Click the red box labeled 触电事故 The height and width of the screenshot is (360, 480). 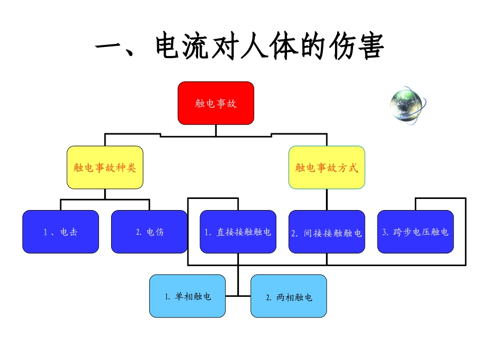tap(216, 103)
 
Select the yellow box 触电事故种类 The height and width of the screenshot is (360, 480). tap(105, 168)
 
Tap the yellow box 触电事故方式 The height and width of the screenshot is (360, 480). tap(327, 168)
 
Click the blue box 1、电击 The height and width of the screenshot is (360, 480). tap(61, 232)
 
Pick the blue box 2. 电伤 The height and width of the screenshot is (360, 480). tap(149, 232)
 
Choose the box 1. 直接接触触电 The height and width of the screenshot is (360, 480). tap(238, 232)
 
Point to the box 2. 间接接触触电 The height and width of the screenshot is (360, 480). tap(327, 232)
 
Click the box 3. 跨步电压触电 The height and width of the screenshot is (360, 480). tap(415, 232)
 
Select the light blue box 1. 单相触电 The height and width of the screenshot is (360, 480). tap(187, 296)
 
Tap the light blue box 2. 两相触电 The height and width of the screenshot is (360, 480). tap(289, 296)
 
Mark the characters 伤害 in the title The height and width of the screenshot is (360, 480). tap(357, 47)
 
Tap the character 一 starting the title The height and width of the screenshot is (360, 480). tap(111, 47)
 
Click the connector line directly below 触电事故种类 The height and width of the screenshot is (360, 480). tap(105, 194)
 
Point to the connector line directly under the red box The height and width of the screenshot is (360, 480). tap(216, 130)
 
